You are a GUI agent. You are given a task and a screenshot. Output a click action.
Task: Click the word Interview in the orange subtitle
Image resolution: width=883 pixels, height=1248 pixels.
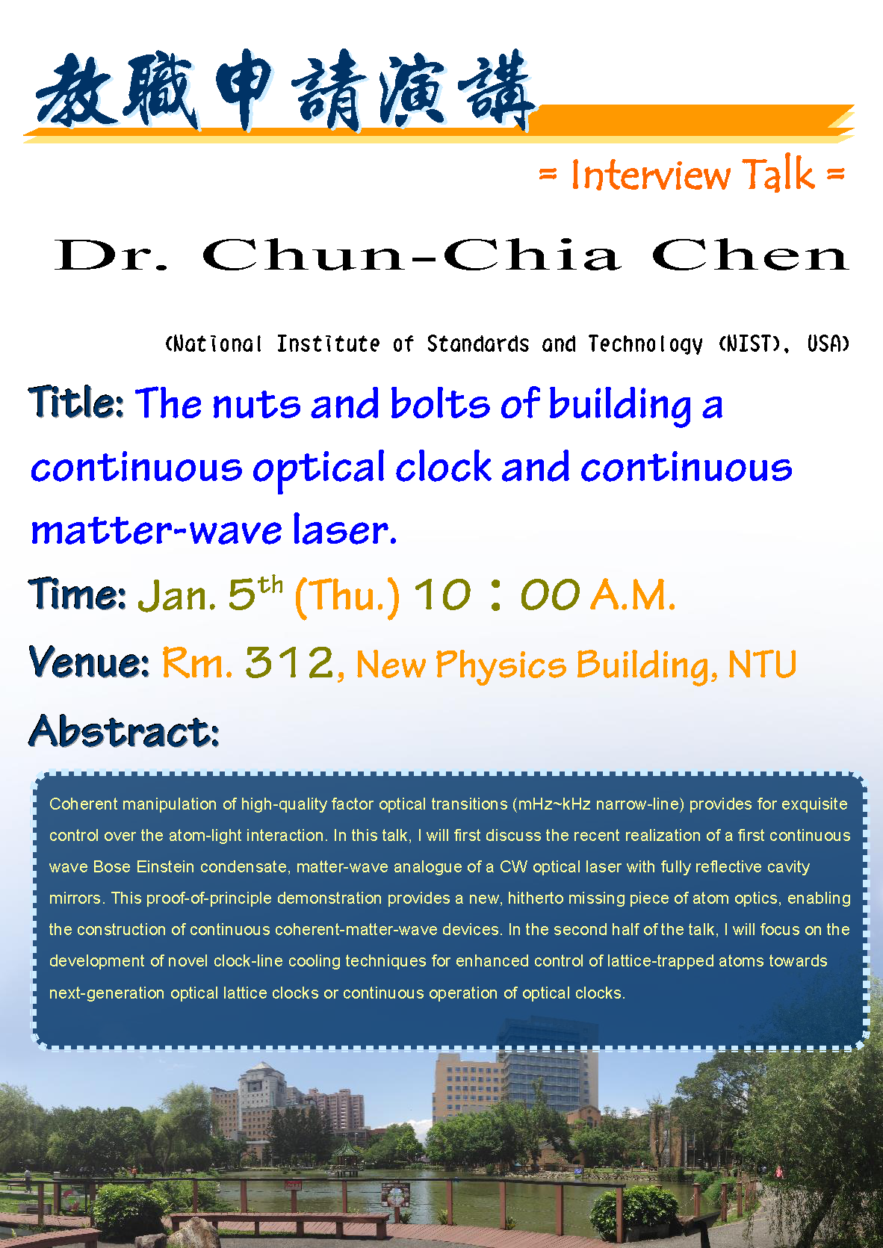pos(650,175)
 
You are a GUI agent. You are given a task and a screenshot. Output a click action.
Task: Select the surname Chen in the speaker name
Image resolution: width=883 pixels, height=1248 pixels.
pos(750,255)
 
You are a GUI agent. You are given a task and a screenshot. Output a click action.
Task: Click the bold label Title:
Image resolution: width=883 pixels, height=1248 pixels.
pos(76,402)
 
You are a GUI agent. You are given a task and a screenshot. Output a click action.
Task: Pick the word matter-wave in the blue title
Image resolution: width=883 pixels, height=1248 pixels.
pos(157,530)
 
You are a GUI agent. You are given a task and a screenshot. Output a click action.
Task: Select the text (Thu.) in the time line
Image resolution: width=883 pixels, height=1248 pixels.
pos(347,596)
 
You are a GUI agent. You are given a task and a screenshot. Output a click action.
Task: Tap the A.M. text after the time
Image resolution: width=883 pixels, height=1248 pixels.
pos(633,594)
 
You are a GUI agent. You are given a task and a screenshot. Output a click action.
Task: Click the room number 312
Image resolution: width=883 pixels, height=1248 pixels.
pos(289,662)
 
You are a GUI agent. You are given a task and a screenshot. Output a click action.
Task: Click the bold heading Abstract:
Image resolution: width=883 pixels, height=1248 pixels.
pos(124,730)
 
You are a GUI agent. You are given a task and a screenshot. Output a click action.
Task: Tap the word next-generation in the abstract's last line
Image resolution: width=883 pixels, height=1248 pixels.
pos(107,993)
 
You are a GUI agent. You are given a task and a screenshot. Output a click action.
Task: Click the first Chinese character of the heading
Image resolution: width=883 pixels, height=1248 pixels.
pos(75,89)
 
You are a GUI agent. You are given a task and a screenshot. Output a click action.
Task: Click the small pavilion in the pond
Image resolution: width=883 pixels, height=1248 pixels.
pos(347,1157)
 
